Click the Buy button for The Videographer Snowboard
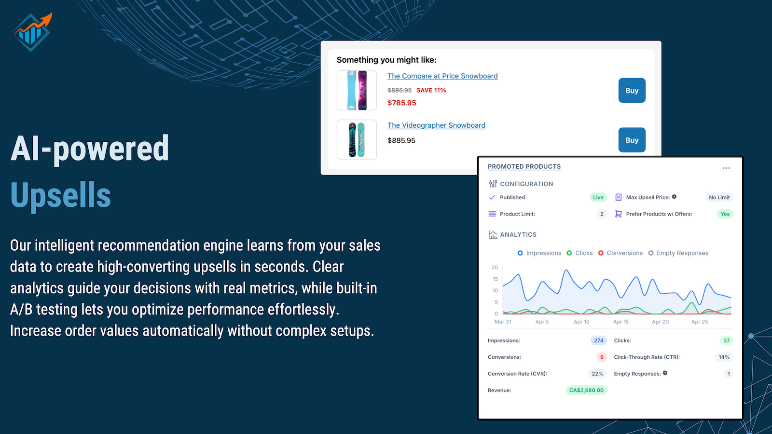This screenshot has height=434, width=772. click(x=632, y=140)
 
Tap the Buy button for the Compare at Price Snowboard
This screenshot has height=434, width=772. click(x=632, y=90)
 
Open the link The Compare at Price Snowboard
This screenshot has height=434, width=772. click(x=442, y=76)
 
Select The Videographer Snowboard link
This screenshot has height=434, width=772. click(x=436, y=125)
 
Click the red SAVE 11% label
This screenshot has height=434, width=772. click(x=431, y=90)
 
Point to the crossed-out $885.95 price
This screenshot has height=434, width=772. click(x=400, y=90)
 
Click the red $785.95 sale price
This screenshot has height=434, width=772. click(x=402, y=103)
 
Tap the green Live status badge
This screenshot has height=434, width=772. click(x=598, y=197)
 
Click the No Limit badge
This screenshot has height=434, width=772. click(x=719, y=197)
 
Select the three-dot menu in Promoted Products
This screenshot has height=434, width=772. click(x=726, y=168)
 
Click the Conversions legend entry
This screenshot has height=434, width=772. click(x=620, y=253)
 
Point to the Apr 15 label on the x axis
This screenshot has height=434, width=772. click(x=620, y=322)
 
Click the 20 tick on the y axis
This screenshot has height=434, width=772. click(x=495, y=267)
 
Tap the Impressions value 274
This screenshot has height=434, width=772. click(x=599, y=340)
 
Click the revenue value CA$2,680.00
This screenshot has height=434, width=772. click(x=586, y=390)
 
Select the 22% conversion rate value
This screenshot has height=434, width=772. click(x=597, y=374)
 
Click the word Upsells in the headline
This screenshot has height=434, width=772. click(x=61, y=195)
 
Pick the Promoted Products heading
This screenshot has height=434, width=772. click(x=524, y=167)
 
